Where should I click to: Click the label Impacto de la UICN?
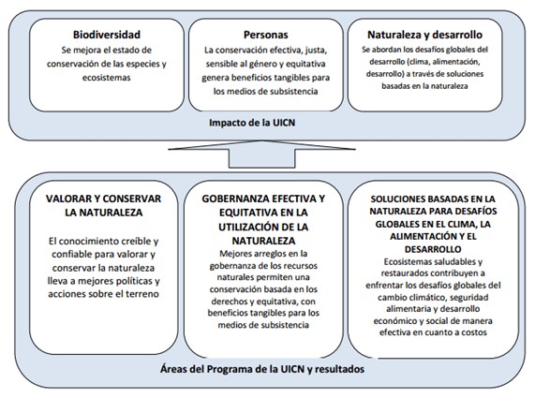pos(266,122)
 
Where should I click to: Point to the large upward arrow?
pos(266,150)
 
